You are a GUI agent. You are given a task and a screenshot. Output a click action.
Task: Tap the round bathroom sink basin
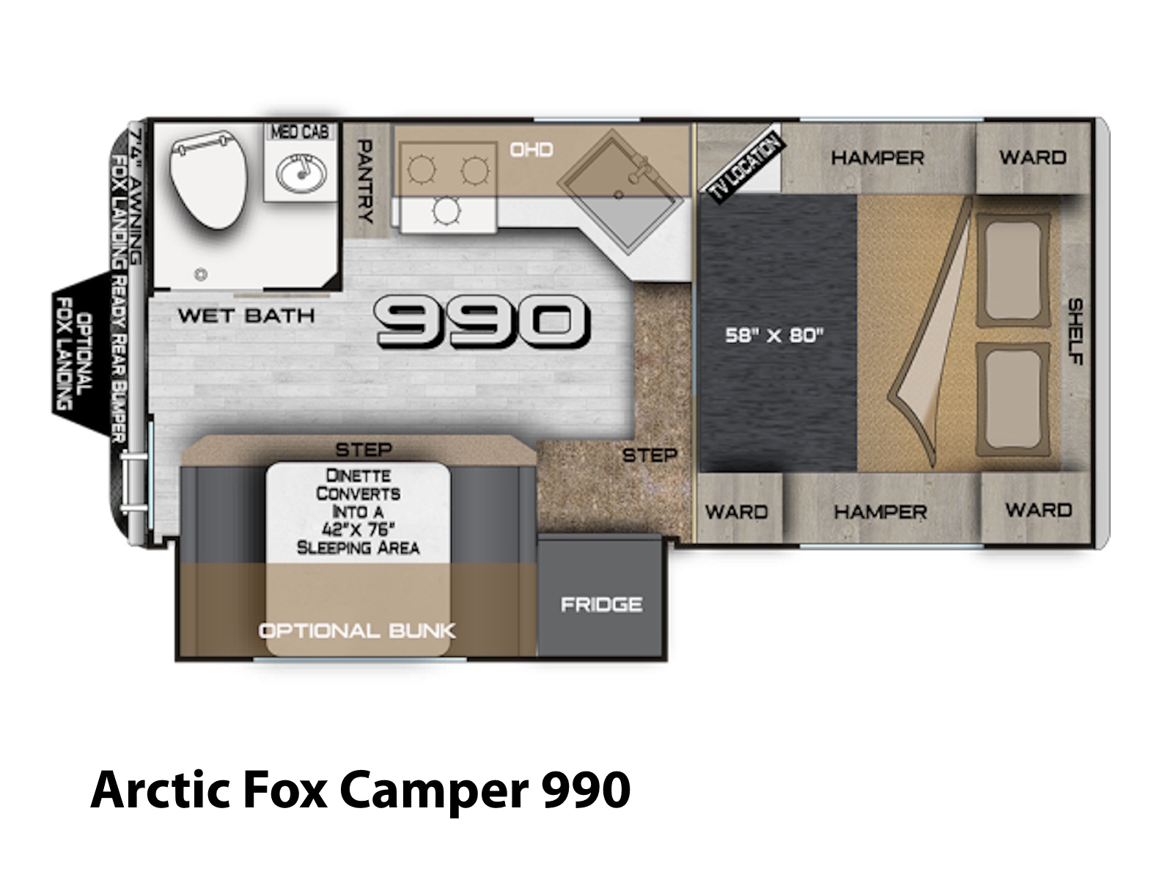(x=301, y=173)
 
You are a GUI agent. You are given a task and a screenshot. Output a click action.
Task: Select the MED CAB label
(x=300, y=131)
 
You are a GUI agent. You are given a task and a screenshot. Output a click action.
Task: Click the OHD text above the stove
(x=532, y=150)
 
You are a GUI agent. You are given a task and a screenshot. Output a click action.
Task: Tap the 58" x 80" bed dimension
(x=774, y=335)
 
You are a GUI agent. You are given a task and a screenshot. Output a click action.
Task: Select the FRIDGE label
(x=601, y=604)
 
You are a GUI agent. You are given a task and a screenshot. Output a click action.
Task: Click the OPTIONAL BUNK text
(x=357, y=631)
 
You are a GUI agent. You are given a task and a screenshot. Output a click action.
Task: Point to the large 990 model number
(x=482, y=322)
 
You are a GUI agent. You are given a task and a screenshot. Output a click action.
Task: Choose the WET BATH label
(x=246, y=315)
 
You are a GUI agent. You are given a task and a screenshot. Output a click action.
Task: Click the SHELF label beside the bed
(x=1075, y=331)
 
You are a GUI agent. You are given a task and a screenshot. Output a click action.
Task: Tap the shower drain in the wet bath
(x=201, y=274)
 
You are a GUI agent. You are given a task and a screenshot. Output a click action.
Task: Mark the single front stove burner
(x=446, y=210)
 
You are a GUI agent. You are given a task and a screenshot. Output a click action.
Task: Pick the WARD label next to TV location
(x=1032, y=157)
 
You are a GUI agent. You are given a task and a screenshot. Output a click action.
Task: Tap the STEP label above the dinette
(x=364, y=450)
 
